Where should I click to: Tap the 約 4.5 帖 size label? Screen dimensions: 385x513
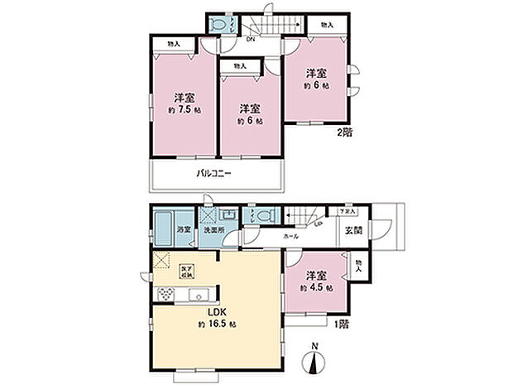(x=318, y=288)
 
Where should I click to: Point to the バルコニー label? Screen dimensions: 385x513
(x=213, y=175)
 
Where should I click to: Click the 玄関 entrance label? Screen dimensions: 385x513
(x=352, y=229)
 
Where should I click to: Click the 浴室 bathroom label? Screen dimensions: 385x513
(x=185, y=229)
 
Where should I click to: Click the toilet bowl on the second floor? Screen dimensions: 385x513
(x=218, y=26)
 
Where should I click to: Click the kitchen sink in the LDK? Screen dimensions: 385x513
(x=199, y=296)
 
